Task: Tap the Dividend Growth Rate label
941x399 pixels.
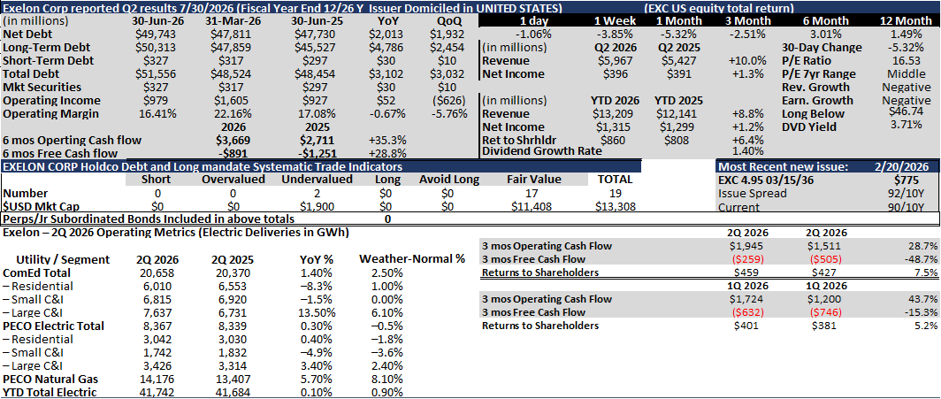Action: click(x=542, y=151)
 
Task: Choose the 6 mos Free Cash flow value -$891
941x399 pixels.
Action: click(x=233, y=153)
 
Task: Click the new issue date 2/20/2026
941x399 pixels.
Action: click(x=899, y=167)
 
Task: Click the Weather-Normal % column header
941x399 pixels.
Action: click(x=412, y=259)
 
